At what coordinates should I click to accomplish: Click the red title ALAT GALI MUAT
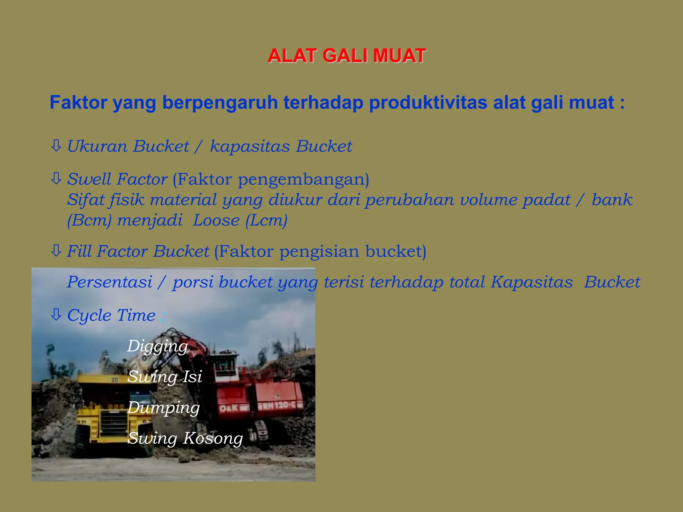[347, 56]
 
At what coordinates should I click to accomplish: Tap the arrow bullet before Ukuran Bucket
[56, 146]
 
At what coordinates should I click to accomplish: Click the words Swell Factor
[117, 179]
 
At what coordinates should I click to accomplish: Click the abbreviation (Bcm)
[89, 220]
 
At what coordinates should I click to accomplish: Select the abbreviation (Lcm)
[266, 220]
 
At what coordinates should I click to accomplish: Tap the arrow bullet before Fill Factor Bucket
[56, 251]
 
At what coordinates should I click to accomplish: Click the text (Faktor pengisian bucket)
[320, 251]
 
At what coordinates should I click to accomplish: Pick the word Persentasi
[110, 282]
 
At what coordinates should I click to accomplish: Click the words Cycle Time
[111, 315]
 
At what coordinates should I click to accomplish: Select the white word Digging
[157, 346]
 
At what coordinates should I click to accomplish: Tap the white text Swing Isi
[165, 377]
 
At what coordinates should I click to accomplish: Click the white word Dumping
[163, 408]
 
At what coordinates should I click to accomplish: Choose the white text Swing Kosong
[185, 438]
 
